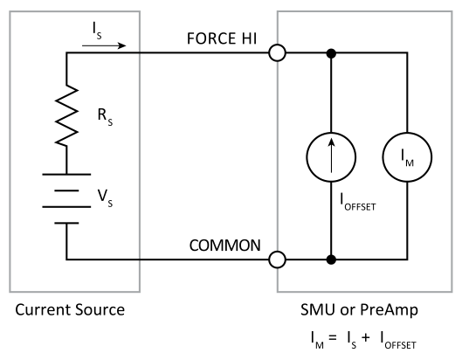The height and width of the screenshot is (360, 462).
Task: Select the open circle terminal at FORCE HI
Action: pos(278,53)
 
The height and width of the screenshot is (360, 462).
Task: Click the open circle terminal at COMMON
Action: pos(278,260)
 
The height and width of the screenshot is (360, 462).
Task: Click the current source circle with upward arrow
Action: pos(331,156)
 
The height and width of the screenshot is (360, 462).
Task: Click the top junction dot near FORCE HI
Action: pos(331,53)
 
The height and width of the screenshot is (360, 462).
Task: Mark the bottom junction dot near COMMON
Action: pos(331,260)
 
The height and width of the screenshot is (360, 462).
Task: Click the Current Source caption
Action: pos(70,310)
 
